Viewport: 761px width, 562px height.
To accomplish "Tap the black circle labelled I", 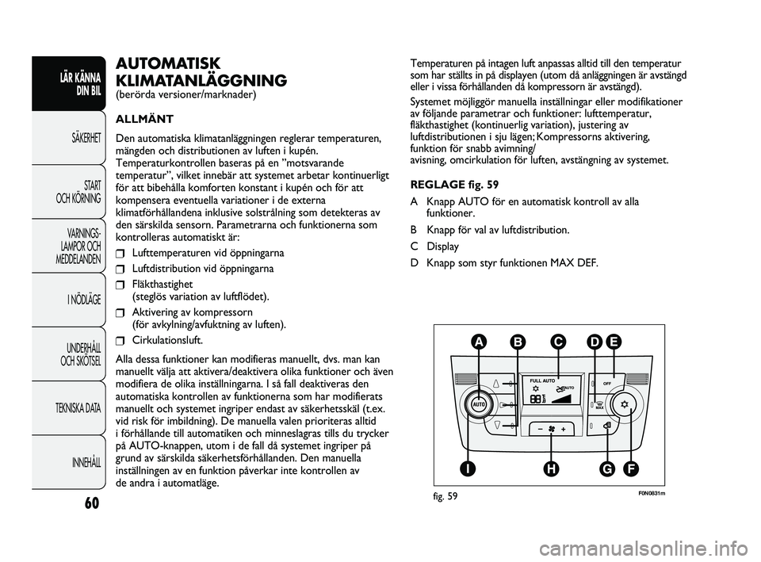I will pyautogui.click(x=470, y=470).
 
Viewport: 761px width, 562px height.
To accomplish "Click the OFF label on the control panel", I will pyautogui.click(x=609, y=382).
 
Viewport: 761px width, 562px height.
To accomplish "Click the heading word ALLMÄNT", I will pyautogui.click(x=143, y=121).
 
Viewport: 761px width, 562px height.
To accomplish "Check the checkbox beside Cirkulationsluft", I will pyautogui.click(x=120, y=342).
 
